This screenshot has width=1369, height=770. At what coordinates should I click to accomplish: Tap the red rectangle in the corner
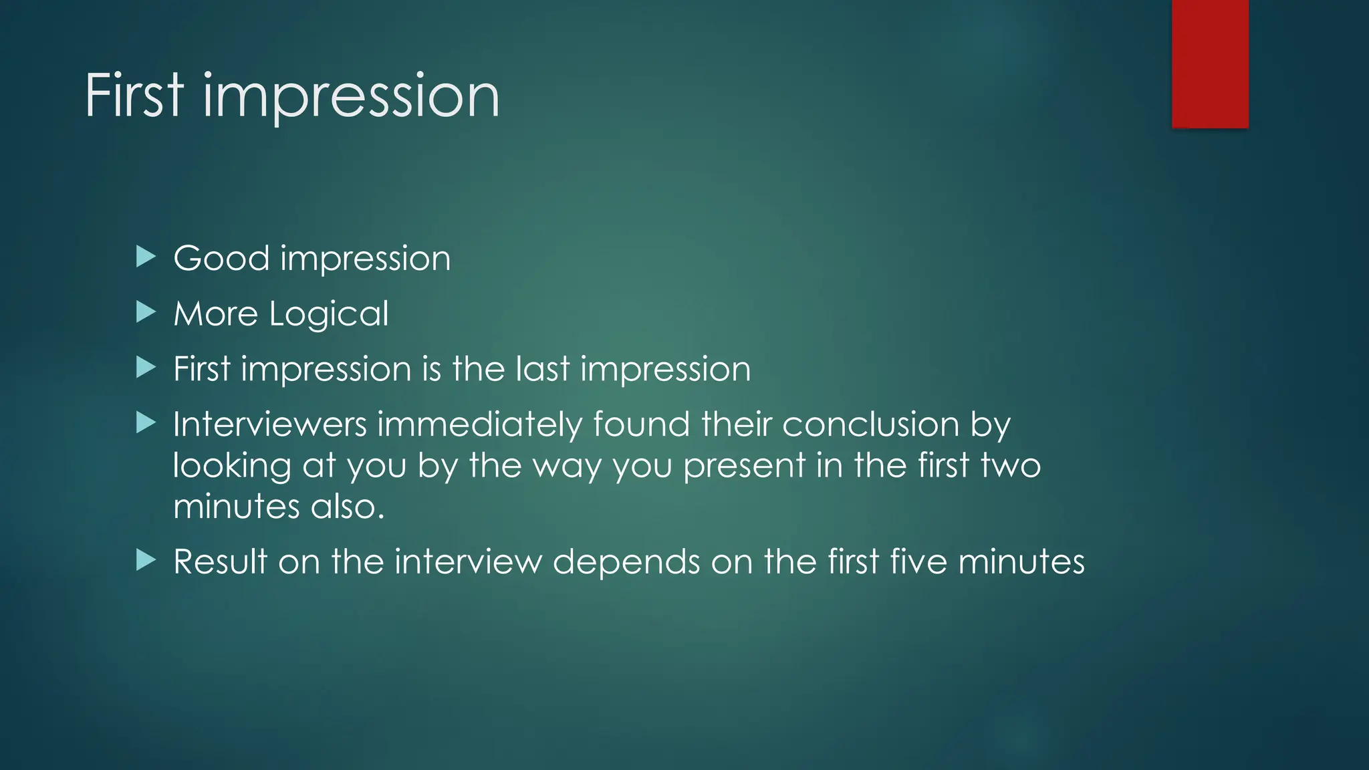pyautogui.click(x=1210, y=63)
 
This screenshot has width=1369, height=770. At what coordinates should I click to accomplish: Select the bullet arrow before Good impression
pyautogui.click(x=146, y=257)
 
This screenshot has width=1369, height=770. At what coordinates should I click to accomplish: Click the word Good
pyautogui.click(x=221, y=259)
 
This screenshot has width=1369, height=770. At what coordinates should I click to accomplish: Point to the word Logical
pyautogui.click(x=328, y=314)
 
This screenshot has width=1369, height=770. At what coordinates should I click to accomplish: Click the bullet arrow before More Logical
pyautogui.click(x=146, y=312)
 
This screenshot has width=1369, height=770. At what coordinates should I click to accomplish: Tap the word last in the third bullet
pyautogui.click(x=543, y=369)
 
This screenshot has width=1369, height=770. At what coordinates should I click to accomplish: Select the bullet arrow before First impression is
pyautogui.click(x=146, y=367)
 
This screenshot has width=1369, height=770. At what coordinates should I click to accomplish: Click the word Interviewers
pyautogui.click(x=270, y=424)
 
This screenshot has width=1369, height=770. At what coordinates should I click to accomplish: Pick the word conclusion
pyautogui.click(x=870, y=424)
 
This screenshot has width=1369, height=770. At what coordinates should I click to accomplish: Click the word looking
pyautogui.click(x=232, y=467)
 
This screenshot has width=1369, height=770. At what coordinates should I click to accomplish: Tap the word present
pyautogui.click(x=744, y=467)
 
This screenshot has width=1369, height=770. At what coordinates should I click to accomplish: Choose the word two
pyautogui.click(x=1010, y=465)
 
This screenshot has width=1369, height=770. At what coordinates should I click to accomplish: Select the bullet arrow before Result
pyautogui.click(x=146, y=560)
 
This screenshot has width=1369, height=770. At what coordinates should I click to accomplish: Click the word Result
pyautogui.click(x=221, y=561)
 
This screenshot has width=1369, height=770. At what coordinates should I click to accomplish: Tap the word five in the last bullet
pyautogui.click(x=918, y=561)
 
